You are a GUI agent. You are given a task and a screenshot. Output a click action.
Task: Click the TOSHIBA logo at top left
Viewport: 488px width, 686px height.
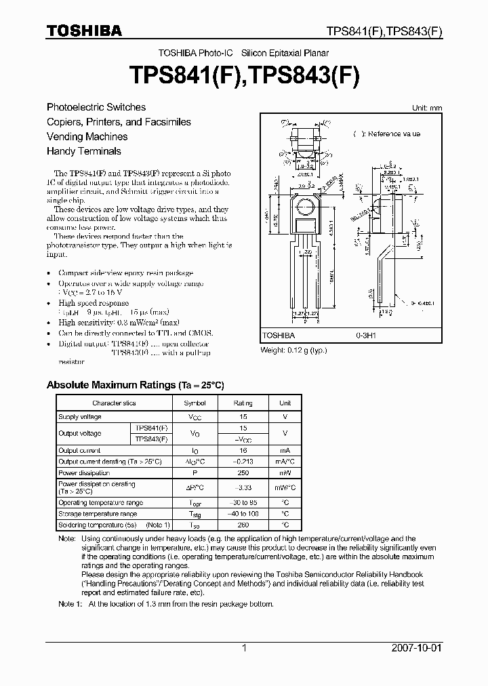click(84, 31)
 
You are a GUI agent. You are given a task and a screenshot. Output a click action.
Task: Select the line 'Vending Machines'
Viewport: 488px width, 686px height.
click(87, 136)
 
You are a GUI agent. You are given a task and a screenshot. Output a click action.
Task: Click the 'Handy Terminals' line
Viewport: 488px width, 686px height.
click(83, 151)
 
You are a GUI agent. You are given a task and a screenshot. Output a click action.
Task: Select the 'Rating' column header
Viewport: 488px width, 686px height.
click(243, 403)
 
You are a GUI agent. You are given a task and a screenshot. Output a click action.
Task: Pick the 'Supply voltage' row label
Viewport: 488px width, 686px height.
click(80, 417)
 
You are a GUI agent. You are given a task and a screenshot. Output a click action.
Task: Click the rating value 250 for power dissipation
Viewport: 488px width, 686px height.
click(243, 472)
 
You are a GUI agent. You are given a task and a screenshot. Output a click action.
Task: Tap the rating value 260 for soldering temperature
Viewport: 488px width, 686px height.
click(243, 525)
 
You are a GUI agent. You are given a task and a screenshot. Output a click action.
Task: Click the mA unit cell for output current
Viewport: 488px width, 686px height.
click(285, 450)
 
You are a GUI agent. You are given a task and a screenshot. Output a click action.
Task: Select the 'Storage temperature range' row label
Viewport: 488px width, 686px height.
click(98, 514)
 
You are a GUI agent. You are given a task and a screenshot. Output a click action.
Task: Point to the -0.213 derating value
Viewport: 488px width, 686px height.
click(243, 462)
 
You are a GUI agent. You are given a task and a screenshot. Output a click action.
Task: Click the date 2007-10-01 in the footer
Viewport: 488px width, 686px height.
click(416, 648)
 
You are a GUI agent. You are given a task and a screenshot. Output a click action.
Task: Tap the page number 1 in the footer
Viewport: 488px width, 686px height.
click(244, 648)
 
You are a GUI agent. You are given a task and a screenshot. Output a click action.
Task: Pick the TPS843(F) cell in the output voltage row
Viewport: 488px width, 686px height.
click(150, 439)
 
